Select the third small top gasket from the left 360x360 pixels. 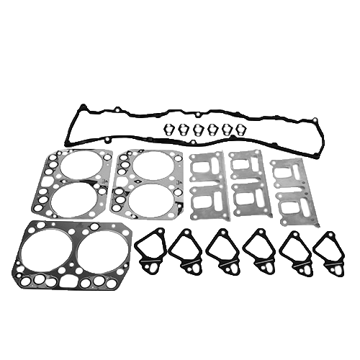(198, 130)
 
